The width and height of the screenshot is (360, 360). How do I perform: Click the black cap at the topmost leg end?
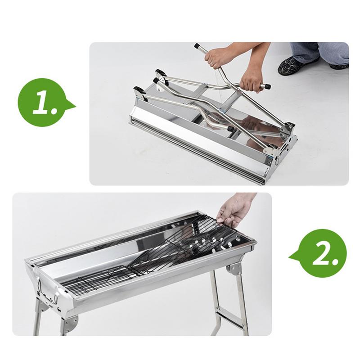point(197,46)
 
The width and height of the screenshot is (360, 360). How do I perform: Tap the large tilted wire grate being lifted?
point(180,247)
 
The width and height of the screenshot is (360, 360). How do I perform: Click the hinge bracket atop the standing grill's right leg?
point(234,269)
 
